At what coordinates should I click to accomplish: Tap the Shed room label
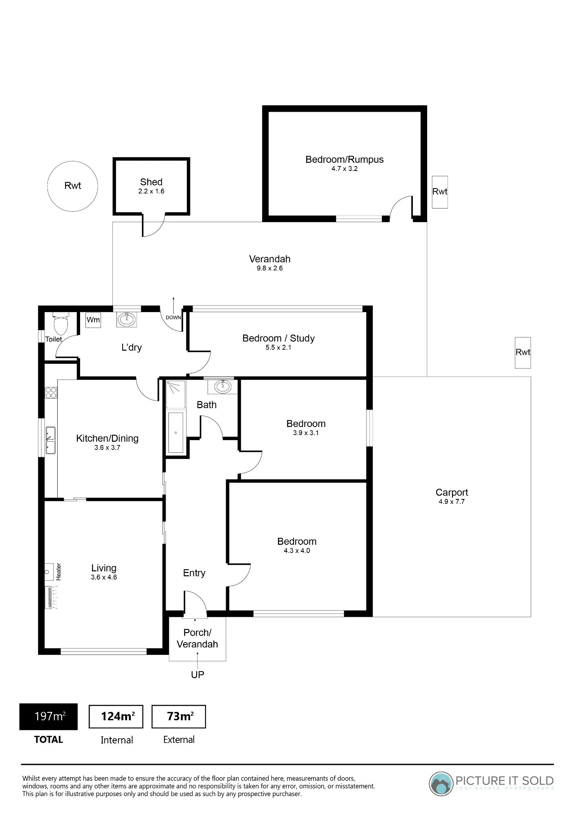[x=151, y=182]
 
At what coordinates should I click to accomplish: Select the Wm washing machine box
[x=93, y=320]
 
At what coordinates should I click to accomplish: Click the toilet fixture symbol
[x=61, y=323]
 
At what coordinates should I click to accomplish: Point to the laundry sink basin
[x=127, y=319]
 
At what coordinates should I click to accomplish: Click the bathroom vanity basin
[x=223, y=387]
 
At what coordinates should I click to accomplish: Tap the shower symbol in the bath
[x=176, y=394]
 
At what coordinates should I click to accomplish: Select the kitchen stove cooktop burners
[x=51, y=393]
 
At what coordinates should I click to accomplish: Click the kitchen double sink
[x=50, y=440]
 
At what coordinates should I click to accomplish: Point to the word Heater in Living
[x=58, y=571]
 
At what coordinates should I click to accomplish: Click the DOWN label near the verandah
[x=173, y=317]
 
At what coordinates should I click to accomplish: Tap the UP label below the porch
[x=197, y=674]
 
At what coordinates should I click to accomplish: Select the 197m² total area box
[x=49, y=717]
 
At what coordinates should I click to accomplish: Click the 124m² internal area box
[x=116, y=717]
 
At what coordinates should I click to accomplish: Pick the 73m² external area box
[x=179, y=717]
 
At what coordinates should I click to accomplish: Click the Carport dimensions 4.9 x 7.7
[x=452, y=502]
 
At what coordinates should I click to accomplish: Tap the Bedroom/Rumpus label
[x=345, y=160]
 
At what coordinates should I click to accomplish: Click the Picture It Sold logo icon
[x=441, y=784]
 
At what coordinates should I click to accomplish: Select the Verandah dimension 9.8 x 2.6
[x=270, y=268]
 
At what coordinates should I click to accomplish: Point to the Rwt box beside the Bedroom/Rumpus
[x=440, y=192]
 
